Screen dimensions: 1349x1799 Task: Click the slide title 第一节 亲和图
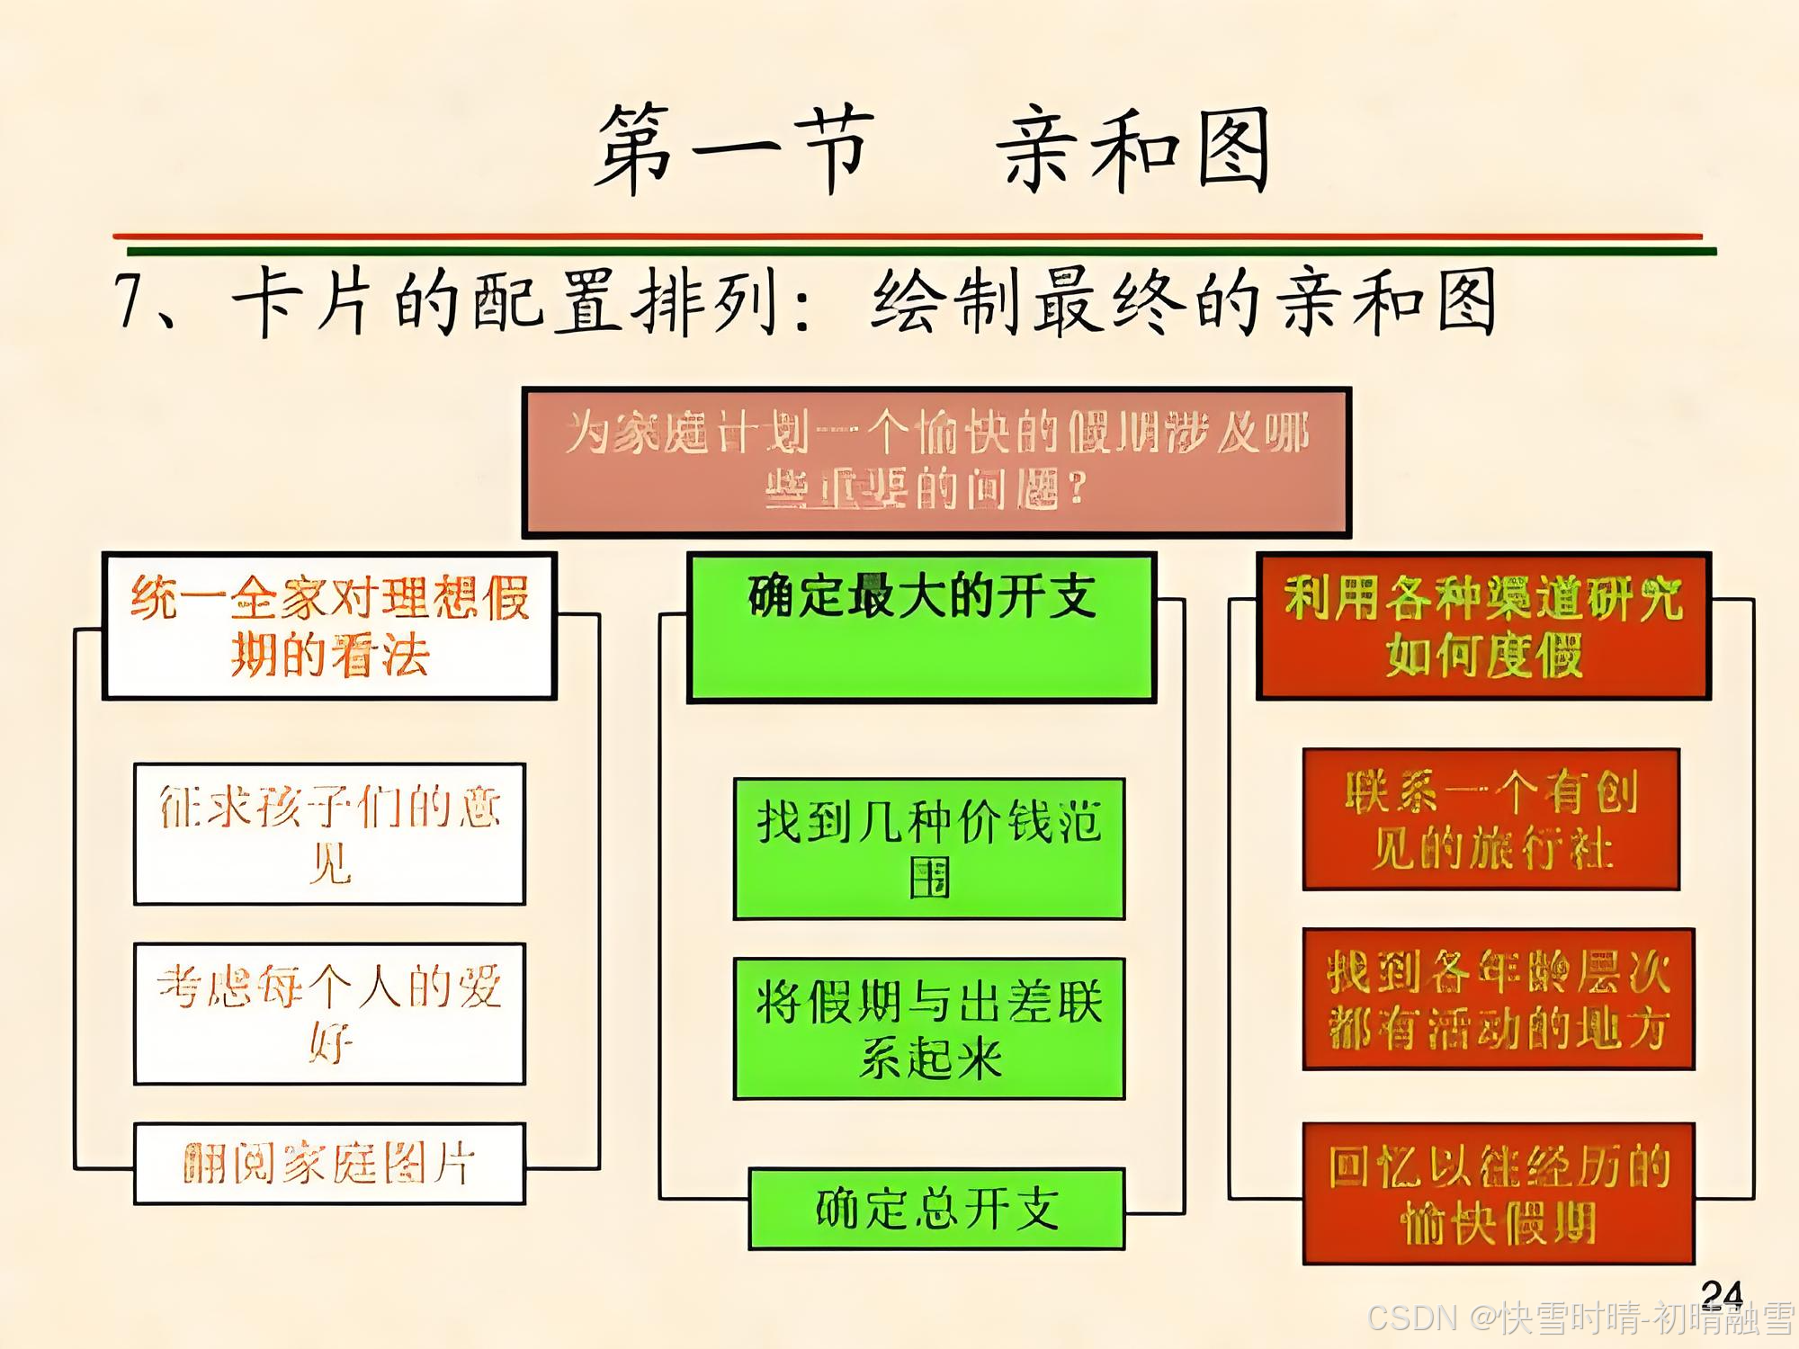coord(932,149)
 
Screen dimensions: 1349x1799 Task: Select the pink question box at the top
coord(936,462)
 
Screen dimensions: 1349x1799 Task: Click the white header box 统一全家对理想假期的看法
coord(329,626)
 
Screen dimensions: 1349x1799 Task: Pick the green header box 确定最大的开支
coord(921,627)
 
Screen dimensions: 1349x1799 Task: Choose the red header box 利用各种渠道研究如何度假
coord(1483,626)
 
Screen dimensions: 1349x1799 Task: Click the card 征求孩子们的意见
coord(329,834)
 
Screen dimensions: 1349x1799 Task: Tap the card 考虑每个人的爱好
coord(329,1014)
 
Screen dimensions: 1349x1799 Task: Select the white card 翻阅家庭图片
coord(329,1163)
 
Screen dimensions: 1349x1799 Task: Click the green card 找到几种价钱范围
coord(929,848)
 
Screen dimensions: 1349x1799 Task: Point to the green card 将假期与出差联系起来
coord(929,1028)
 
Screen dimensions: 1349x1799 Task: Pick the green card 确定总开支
coord(936,1209)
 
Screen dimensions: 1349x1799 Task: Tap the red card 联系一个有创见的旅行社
coord(1490,819)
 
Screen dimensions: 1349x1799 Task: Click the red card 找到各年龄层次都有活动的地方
coord(1499,998)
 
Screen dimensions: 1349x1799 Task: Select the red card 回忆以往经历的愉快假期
coord(1499,1193)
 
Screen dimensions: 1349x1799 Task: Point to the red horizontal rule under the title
coord(907,237)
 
